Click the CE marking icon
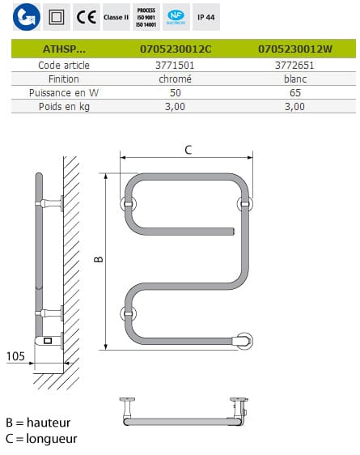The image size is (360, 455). [87, 17]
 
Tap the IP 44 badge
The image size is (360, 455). [206, 17]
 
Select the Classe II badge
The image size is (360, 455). [116, 17]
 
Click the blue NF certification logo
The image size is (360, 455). [176, 17]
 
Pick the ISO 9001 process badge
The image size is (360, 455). [146, 17]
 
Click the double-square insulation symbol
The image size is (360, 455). [57, 17]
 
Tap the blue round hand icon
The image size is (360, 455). [27, 17]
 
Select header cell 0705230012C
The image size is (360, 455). [176, 49]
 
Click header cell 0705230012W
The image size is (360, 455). [295, 49]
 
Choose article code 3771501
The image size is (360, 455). [175, 66]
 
